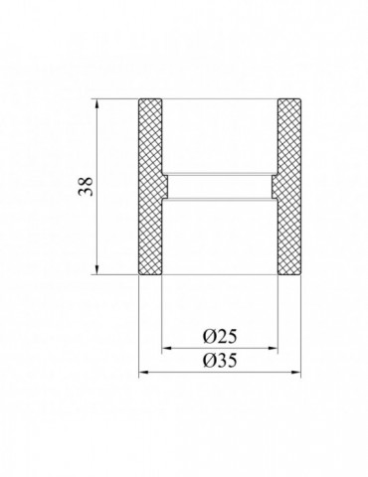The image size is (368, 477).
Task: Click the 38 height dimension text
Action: (x=88, y=186)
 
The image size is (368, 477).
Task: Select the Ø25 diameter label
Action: (x=218, y=337)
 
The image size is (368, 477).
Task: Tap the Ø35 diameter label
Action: (x=218, y=363)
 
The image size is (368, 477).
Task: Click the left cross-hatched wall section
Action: (x=150, y=186)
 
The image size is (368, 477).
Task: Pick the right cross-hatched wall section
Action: (x=288, y=186)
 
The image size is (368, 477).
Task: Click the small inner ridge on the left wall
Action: (x=167, y=186)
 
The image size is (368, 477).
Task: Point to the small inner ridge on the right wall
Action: (x=272, y=186)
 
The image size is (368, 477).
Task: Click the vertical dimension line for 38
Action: (x=97, y=229)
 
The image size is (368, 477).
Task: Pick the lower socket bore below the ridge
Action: (x=219, y=234)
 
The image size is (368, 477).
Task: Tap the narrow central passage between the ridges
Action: (x=219, y=186)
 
